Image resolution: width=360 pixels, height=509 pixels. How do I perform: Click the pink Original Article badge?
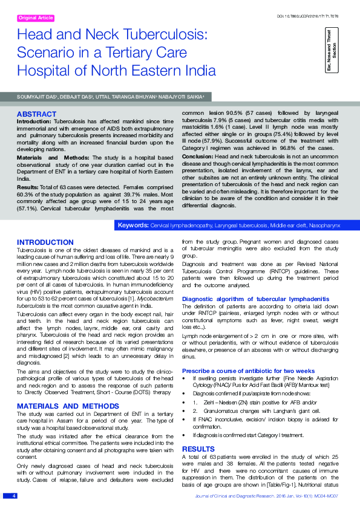[x=37, y=18]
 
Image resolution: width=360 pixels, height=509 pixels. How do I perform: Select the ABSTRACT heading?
[x=36, y=114]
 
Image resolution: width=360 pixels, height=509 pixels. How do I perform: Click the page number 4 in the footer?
[x=13, y=496]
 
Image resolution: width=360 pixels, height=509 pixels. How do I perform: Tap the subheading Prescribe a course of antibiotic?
[x=248, y=370]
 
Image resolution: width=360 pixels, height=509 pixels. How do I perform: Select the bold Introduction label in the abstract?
[x=33, y=122]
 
